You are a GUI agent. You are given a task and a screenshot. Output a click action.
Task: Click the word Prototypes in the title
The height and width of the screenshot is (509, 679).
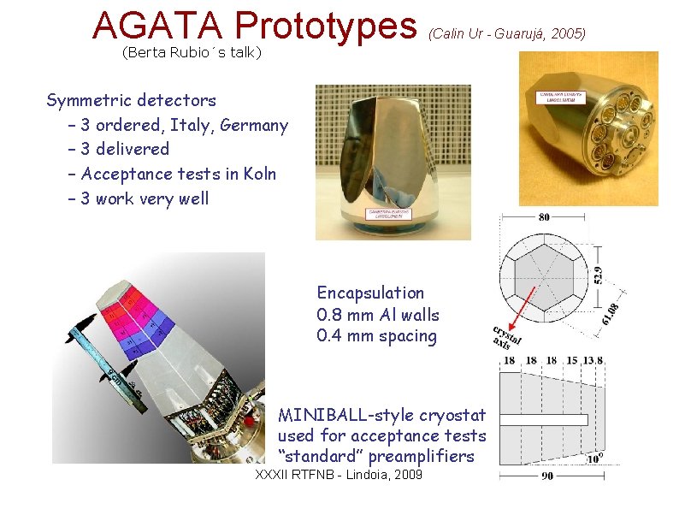tap(326, 26)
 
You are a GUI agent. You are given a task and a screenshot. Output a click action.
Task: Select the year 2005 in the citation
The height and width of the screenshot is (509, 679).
tap(568, 33)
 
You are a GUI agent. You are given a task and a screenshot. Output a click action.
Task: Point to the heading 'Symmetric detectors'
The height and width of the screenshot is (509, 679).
tap(131, 101)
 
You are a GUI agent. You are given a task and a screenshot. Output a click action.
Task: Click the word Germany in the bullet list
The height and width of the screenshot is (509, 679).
tap(254, 125)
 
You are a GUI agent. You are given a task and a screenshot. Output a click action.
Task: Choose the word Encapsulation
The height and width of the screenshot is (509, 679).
tap(370, 293)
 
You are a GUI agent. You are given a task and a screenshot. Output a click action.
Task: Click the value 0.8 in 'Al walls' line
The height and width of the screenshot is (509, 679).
tap(330, 314)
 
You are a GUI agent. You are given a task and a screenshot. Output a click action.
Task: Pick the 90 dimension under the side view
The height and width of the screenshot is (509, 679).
tap(547, 477)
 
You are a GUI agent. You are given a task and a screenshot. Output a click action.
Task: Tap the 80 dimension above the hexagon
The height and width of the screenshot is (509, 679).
tap(545, 217)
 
